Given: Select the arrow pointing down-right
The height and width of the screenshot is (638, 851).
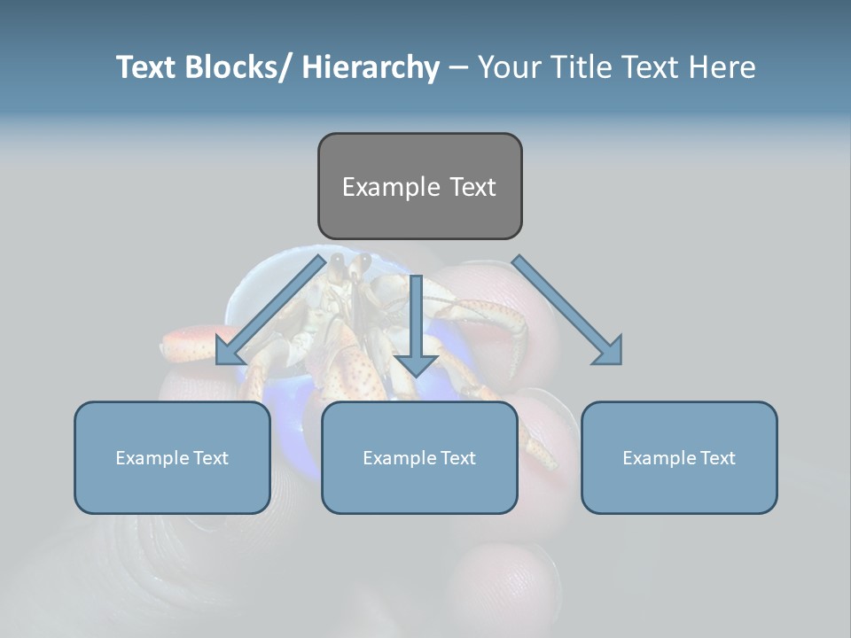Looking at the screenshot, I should click(567, 309).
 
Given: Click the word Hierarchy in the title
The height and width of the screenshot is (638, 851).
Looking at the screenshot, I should click(371, 67).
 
